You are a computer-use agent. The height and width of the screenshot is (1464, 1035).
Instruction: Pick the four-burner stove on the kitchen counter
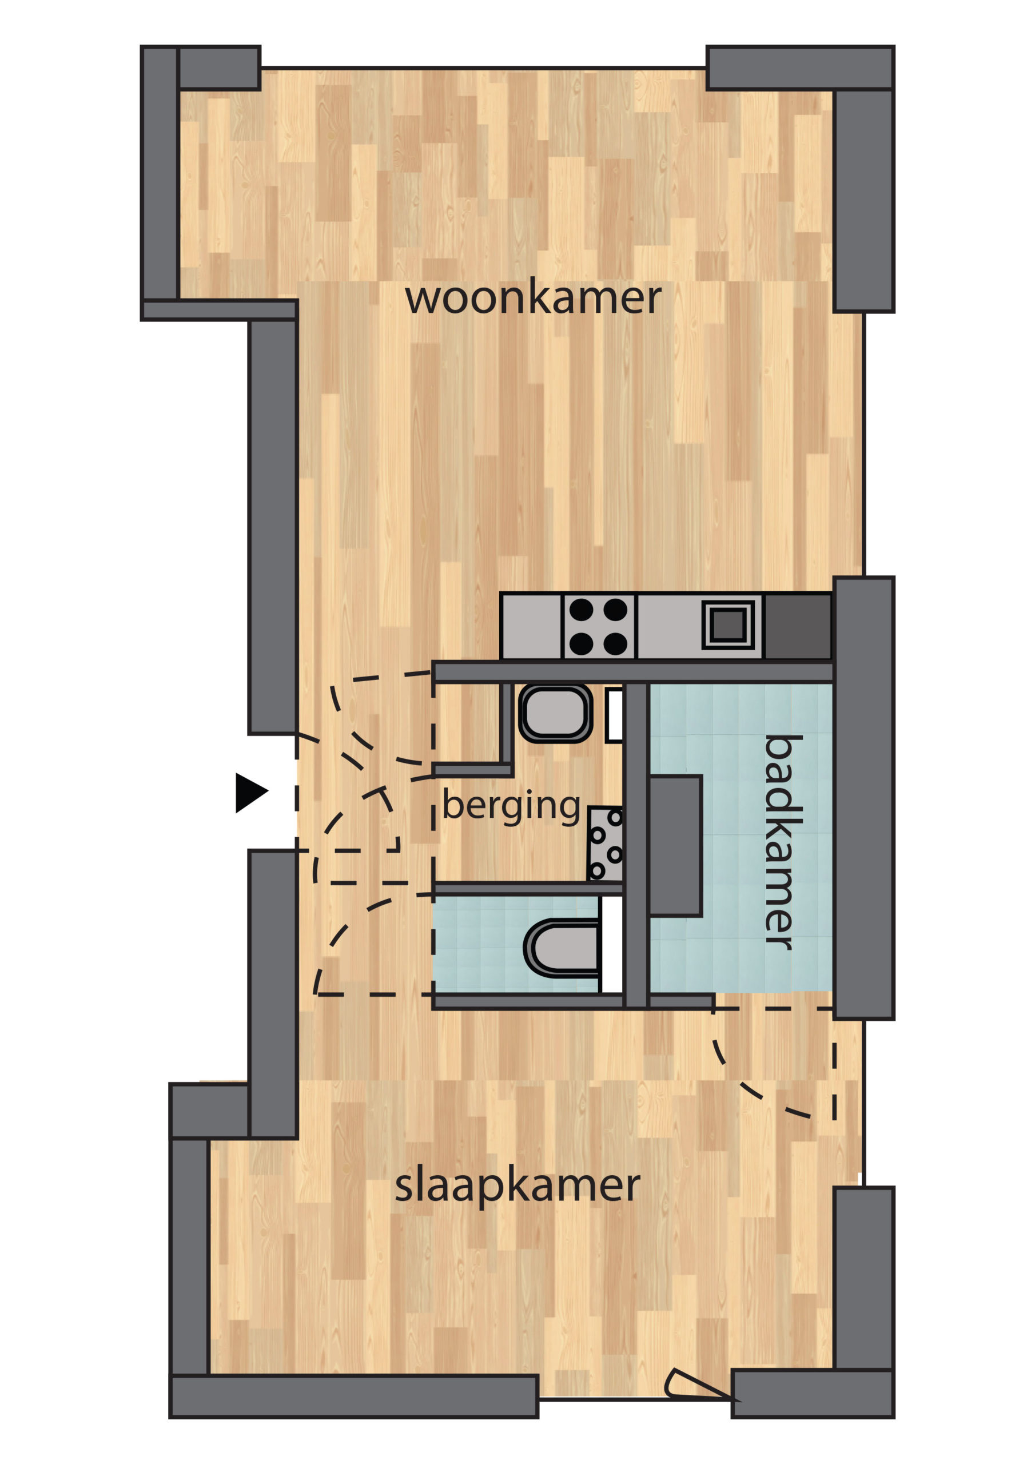coord(599,627)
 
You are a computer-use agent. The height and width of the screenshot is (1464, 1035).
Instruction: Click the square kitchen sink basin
coord(729,625)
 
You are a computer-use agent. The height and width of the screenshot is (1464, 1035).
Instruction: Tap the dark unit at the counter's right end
coord(798,627)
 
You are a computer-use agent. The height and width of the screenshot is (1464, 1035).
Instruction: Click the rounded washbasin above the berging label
coord(555,714)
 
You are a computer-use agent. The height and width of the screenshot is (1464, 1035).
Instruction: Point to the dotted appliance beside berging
coord(605,844)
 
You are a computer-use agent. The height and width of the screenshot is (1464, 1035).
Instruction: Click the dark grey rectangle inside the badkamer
coord(675,846)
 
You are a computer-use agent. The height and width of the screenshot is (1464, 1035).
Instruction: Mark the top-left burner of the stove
coord(581,610)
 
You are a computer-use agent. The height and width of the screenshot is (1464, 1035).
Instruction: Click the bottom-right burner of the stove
coord(615,644)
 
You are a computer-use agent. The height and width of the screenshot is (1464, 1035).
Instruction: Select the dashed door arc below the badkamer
coord(753,1087)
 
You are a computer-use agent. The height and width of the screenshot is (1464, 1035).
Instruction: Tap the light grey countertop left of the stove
coord(531,627)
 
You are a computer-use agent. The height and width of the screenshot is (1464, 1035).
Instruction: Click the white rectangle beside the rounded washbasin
coord(614,715)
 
